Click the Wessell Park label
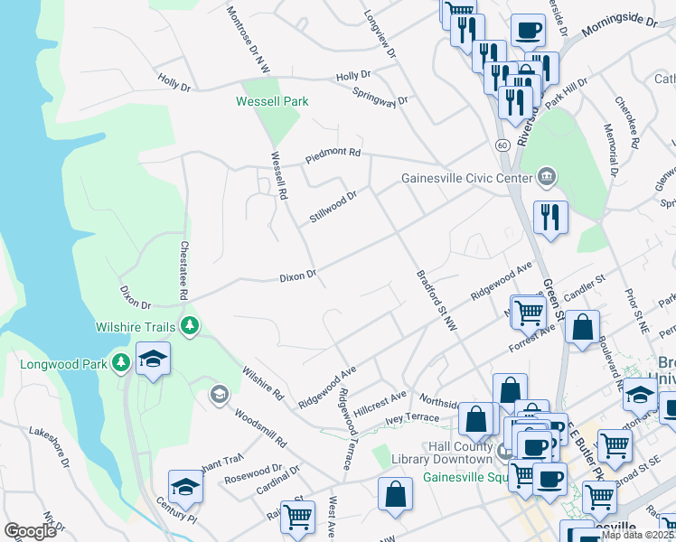272,101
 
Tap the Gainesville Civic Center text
465,177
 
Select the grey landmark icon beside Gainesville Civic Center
545,177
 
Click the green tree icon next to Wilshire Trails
189,325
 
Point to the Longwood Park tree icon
121,363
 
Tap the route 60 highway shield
501,145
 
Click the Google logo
30,531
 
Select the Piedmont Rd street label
332,153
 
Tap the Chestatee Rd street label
183,270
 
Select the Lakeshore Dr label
48,448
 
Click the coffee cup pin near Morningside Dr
528,31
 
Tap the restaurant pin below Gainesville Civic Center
549,217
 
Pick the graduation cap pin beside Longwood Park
153,360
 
